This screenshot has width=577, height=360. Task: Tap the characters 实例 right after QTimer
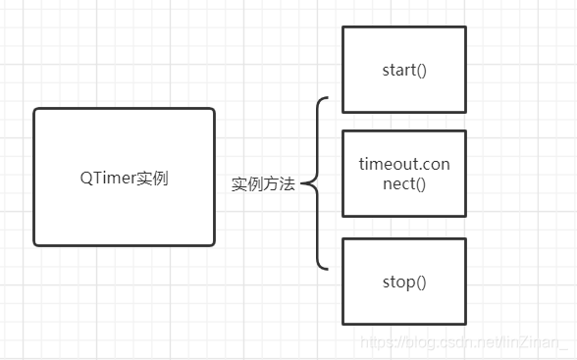click(x=152, y=179)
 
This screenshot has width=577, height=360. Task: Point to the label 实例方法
click(x=263, y=183)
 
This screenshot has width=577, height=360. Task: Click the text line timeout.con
click(x=404, y=164)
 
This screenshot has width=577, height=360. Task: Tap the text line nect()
click(x=404, y=182)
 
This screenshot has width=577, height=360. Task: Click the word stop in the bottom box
click(x=397, y=283)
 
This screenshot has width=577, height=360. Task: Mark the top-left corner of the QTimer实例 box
click(x=35, y=110)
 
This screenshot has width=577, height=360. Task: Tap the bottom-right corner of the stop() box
click(x=465, y=323)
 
